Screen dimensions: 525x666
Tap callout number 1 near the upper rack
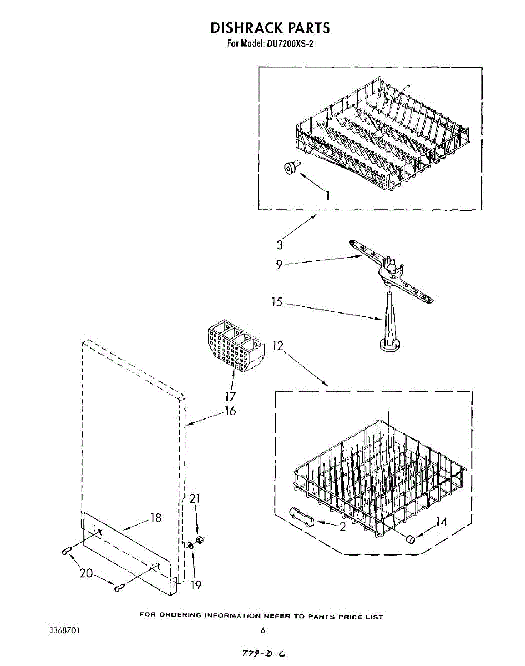click(x=327, y=195)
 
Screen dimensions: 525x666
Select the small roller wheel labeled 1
click(x=289, y=168)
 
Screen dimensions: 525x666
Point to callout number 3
click(x=280, y=245)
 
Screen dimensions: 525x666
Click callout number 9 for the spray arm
click(x=280, y=265)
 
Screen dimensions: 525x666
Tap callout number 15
click(x=276, y=302)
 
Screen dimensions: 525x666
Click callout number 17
click(x=231, y=396)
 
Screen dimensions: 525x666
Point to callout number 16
click(x=230, y=411)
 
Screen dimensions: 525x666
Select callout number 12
click(x=277, y=346)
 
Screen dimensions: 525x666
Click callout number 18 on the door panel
click(x=156, y=518)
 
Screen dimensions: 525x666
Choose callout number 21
click(x=194, y=498)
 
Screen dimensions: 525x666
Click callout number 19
click(x=196, y=584)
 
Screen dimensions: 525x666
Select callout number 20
click(x=86, y=573)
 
